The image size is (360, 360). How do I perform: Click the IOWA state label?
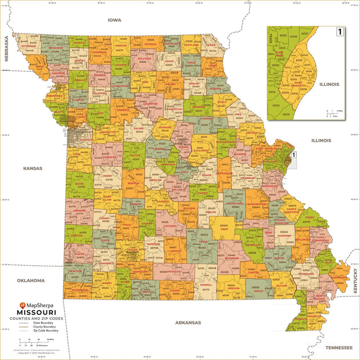(115, 20)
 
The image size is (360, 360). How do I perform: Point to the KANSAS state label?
(33, 169)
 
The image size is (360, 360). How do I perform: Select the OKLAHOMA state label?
(30, 281)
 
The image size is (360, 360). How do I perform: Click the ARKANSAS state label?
(188, 322)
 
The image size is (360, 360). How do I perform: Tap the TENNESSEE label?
(339, 347)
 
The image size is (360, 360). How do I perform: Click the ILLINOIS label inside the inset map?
(329, 84)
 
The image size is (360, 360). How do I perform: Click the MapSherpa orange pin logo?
(22, 305)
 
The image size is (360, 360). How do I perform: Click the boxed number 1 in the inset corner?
(340, 32)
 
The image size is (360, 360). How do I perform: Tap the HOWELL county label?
(205, 284)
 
